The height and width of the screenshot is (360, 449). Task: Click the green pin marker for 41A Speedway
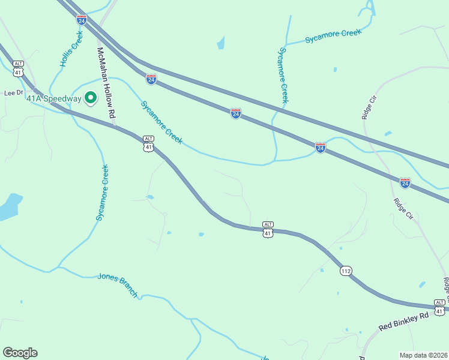coord(91,97)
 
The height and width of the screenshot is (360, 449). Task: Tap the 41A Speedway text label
coord(53,98)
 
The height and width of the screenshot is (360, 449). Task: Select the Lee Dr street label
coord(13,93)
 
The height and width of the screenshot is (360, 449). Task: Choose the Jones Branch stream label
coord(118,285)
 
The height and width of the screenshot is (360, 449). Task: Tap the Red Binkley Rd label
coord(404,321)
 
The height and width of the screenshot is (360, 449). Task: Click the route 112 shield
coord(346,271)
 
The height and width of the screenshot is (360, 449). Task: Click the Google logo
coord(20,353)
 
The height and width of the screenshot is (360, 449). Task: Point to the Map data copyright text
coord(423,355)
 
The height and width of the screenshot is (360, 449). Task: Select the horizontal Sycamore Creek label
coord(333,36)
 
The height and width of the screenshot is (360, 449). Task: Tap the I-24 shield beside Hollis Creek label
coord(82,20)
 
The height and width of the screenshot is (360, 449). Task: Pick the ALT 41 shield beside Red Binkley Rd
coord(440,307)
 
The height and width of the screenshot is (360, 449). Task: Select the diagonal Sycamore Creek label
coord(161,122)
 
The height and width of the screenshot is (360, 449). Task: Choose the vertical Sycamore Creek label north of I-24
coord(283,76)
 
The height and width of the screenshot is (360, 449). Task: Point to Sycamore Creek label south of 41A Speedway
coord(104,193)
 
